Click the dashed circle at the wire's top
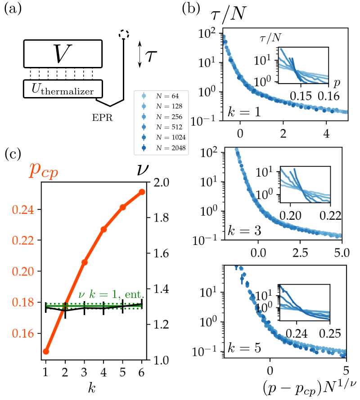124,34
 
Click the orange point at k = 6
142,192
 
